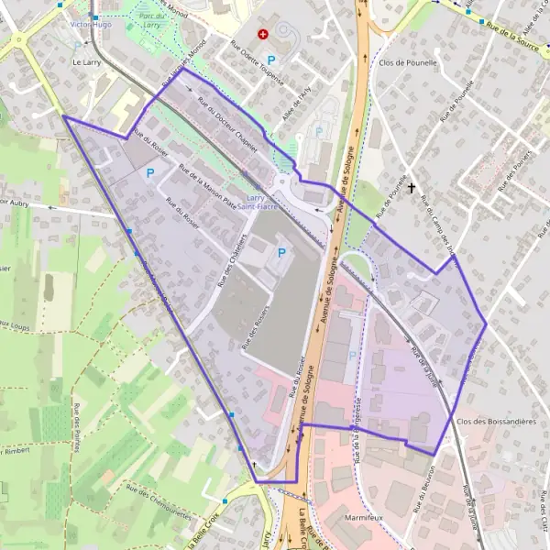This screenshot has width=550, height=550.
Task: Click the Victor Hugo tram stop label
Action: click(92, 26)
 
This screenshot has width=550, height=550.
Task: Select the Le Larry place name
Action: click(86, 62)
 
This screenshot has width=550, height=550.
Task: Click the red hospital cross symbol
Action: click(264, 34)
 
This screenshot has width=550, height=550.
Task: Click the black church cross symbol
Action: click(412, 188)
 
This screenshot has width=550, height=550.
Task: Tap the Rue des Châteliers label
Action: click(234, 258)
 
